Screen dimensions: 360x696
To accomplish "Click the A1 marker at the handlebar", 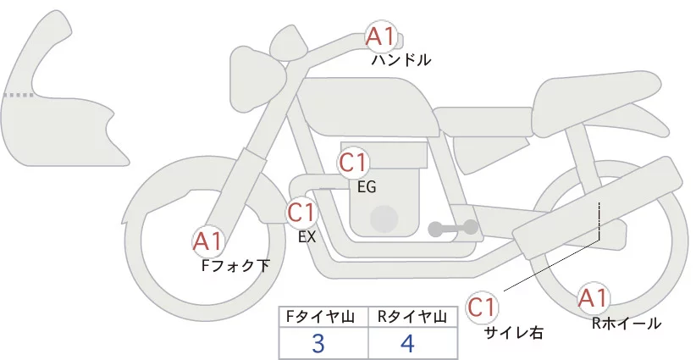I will [x=379, y=36].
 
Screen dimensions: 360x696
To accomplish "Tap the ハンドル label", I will [x=401, y=61].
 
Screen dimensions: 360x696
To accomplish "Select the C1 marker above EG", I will [x=352, y=162].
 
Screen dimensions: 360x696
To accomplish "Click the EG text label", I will [x=367, y=186].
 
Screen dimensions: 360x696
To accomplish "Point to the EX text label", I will [x=307, y=237].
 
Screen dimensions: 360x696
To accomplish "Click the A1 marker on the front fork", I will [x=207, y=241].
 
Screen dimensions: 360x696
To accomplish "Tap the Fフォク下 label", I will [x=235, y=266].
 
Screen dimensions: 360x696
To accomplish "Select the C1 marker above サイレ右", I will [x=481, y=306].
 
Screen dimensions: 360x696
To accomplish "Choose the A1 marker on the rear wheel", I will [x=592, y=297].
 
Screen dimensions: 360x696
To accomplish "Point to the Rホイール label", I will [x=627, y=323].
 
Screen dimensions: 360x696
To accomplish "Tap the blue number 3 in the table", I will [x=318, y=344].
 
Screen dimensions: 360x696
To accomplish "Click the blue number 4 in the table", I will [x=408, y=344].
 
